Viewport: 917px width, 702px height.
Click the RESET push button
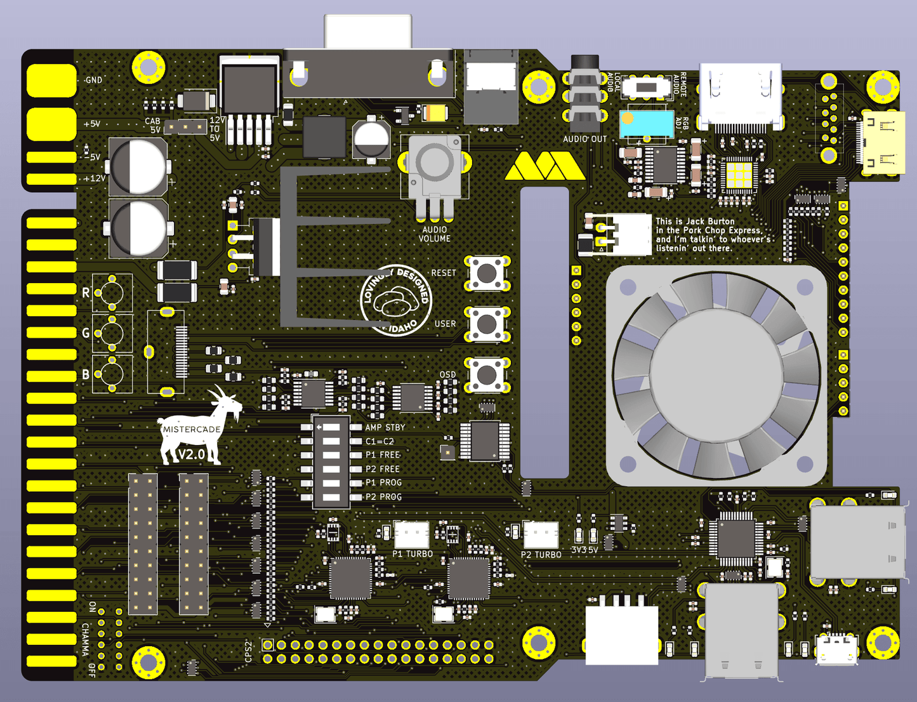[x=487, y=273]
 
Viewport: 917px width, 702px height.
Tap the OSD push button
[x=487, y=374]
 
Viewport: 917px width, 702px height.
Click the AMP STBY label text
[x=385, y=427]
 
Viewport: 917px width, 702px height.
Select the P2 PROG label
[x=383, y=497]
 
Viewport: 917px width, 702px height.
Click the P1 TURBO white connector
[x=411, y=534]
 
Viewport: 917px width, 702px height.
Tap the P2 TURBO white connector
[x=541, y=534]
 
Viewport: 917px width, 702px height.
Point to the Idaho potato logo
[x=396, y=300]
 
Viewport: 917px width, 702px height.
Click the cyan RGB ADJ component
[x=646, y=124]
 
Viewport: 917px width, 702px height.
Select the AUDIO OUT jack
[x=584, y=95]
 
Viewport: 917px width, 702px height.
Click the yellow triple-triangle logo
[x=544, y=166]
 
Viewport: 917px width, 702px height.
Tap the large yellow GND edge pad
[x=51, y=80]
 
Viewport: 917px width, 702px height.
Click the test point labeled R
[x=112, y=293]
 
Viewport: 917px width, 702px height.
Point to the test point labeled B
[x=112, y=374]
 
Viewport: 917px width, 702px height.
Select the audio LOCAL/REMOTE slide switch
[x=646, y=86]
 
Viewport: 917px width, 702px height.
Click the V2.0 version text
[x=191, y=454]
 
